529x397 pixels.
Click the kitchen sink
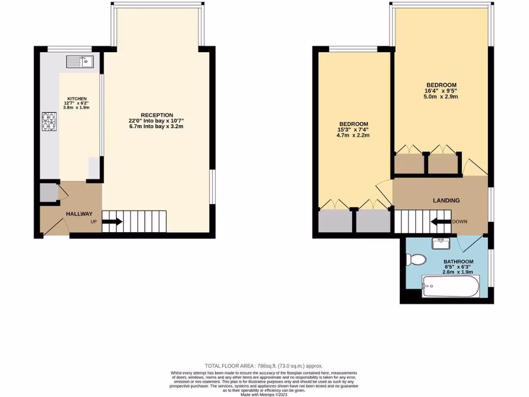click(79, 62)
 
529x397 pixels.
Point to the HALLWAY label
click(79, 214)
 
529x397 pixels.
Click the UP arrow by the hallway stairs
click(112, 222)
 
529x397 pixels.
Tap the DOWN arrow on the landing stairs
click(441, 222)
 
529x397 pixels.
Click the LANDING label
click(446, 201)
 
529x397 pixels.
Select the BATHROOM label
click(458, 262)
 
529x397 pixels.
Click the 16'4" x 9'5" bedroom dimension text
click(441, 90)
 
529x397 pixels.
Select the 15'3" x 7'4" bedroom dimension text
click(353, 130)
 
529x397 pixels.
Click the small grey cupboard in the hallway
click(49, 193)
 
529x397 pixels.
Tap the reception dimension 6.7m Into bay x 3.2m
click(157, 127)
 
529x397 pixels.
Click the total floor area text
click(264, 365)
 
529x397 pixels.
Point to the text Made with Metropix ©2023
click(264, 394)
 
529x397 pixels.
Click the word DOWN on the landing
click(460, 222)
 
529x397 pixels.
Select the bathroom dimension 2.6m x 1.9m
click(458, 272)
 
